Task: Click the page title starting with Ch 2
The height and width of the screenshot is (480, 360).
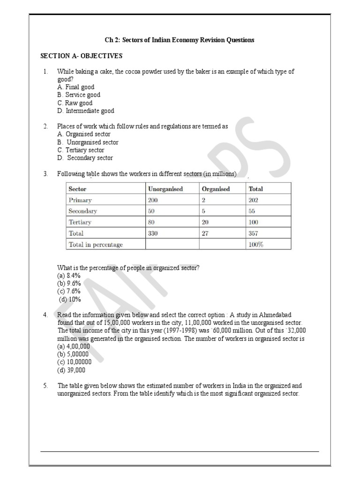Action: tap(180, 40)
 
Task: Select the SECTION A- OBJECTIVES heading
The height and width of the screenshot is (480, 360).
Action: tap(81, 56)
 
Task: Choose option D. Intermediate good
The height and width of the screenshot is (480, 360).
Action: tap(85, 111)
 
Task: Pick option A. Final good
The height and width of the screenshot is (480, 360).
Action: tap(75, 87)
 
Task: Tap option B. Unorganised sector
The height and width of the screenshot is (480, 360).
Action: tap(88, 142)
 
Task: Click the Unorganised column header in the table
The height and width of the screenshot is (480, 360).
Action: tap(165, 189)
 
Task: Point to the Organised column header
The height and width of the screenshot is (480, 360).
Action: tap(216, 189)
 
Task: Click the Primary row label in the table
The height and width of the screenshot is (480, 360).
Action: tap(80, 200)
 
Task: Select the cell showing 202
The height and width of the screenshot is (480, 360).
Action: tap(254, 200)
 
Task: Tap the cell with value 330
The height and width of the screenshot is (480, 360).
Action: tap(153, 233)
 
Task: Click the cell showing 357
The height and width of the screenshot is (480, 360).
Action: tap(254, 233)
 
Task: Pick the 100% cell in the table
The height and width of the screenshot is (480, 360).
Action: tap(255, 244)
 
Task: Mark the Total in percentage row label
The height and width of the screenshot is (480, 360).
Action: tap(95, 244)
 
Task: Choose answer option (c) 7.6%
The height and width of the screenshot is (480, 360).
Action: tap(69, 291)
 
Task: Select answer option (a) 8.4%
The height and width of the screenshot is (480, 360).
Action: tap(69, 276)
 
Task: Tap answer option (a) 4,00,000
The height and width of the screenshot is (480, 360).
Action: tap(73, 346)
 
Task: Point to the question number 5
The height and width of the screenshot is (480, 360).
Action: tap(45, 386)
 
